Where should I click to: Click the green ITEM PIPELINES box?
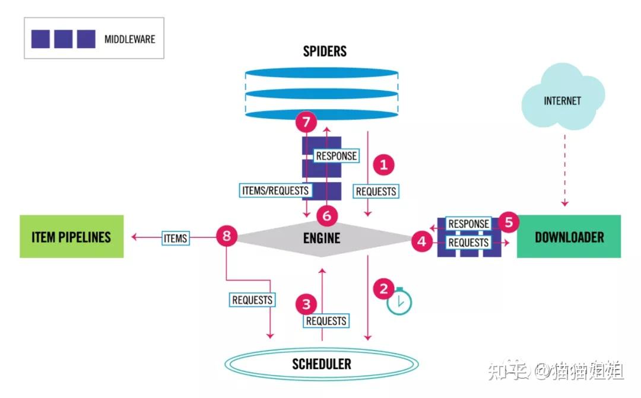72,237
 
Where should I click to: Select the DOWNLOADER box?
569,237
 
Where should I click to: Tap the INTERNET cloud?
563,97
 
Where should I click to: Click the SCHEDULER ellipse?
321,364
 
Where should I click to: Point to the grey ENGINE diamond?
321,238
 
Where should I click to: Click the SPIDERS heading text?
325,52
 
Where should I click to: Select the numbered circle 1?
383,165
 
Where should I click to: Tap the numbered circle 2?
383,289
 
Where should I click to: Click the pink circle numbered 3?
306,304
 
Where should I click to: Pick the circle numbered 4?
421,241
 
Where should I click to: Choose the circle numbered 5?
509,222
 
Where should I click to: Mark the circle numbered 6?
326,216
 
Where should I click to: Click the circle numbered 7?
306,122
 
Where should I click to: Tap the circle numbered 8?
227,235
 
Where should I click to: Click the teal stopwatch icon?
399,301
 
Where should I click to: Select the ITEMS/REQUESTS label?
275,191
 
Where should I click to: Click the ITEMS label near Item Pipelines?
175,238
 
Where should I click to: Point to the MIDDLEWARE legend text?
129,39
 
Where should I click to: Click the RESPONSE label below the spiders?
336,155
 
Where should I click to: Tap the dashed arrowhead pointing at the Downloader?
564,203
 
